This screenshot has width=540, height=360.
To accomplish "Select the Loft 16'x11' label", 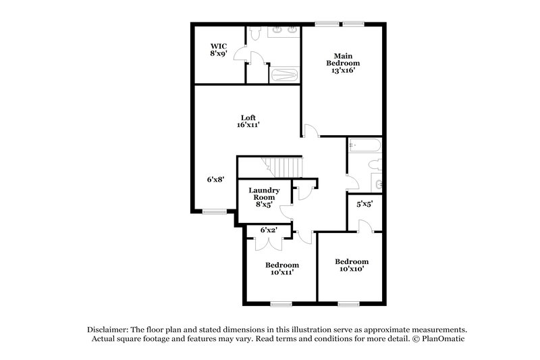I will (248, 120).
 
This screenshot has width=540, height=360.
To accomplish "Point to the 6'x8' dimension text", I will (215, 180).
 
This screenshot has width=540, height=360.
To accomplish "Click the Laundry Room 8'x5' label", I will (264, 197).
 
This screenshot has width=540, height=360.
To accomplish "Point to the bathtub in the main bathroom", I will (283, 74).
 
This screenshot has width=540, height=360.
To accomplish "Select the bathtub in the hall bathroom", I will (365, 145).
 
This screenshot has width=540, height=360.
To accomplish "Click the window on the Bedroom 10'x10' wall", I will (349, 303).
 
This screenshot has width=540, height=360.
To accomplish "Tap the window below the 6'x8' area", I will (215, 212).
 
